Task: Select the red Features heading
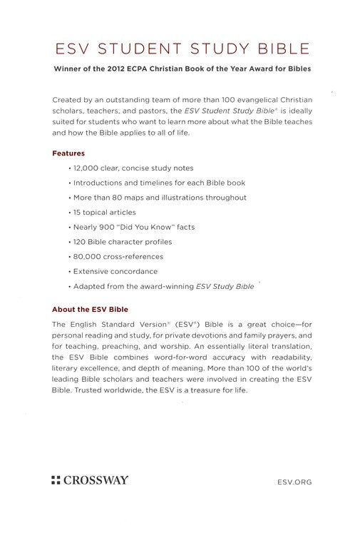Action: point(68,153)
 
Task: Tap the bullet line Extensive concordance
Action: point(116,271)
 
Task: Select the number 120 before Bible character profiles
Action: point(82,242)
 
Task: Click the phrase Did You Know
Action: point(155,227)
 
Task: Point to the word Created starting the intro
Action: point(68,100)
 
